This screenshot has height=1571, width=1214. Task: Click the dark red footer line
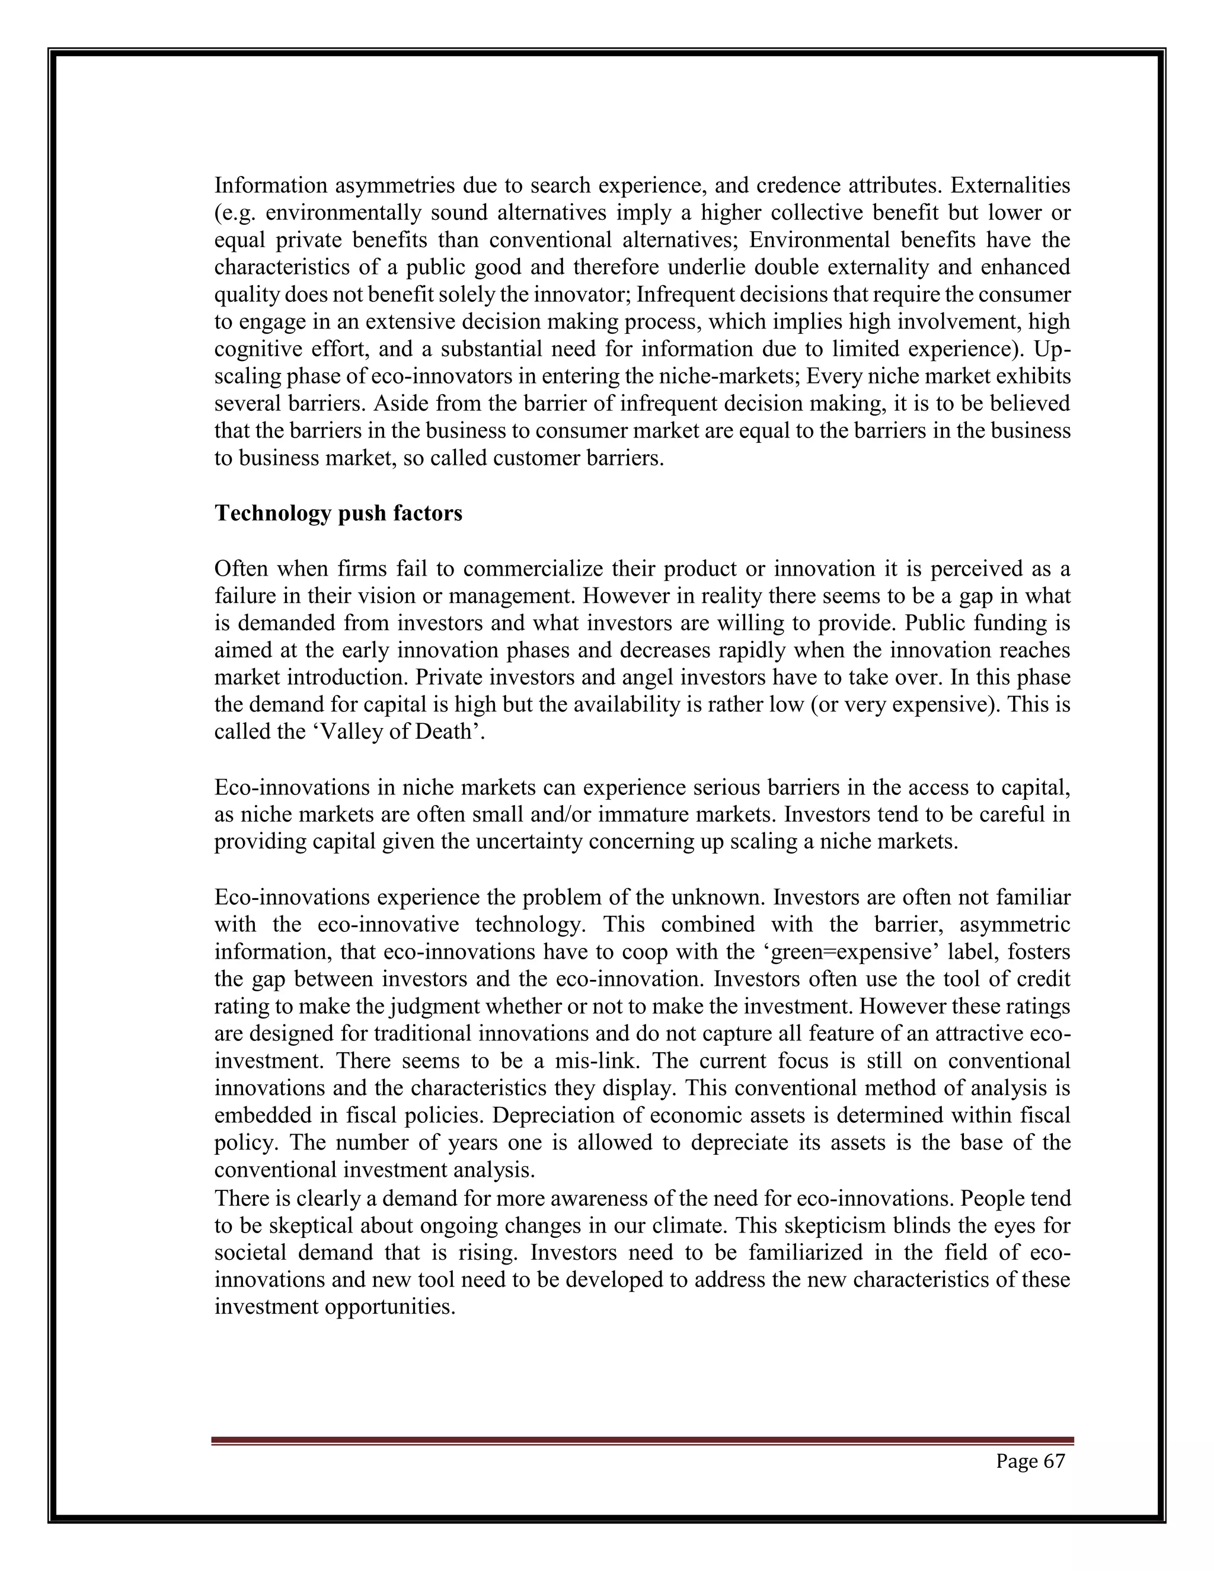tap(642, 1441)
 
